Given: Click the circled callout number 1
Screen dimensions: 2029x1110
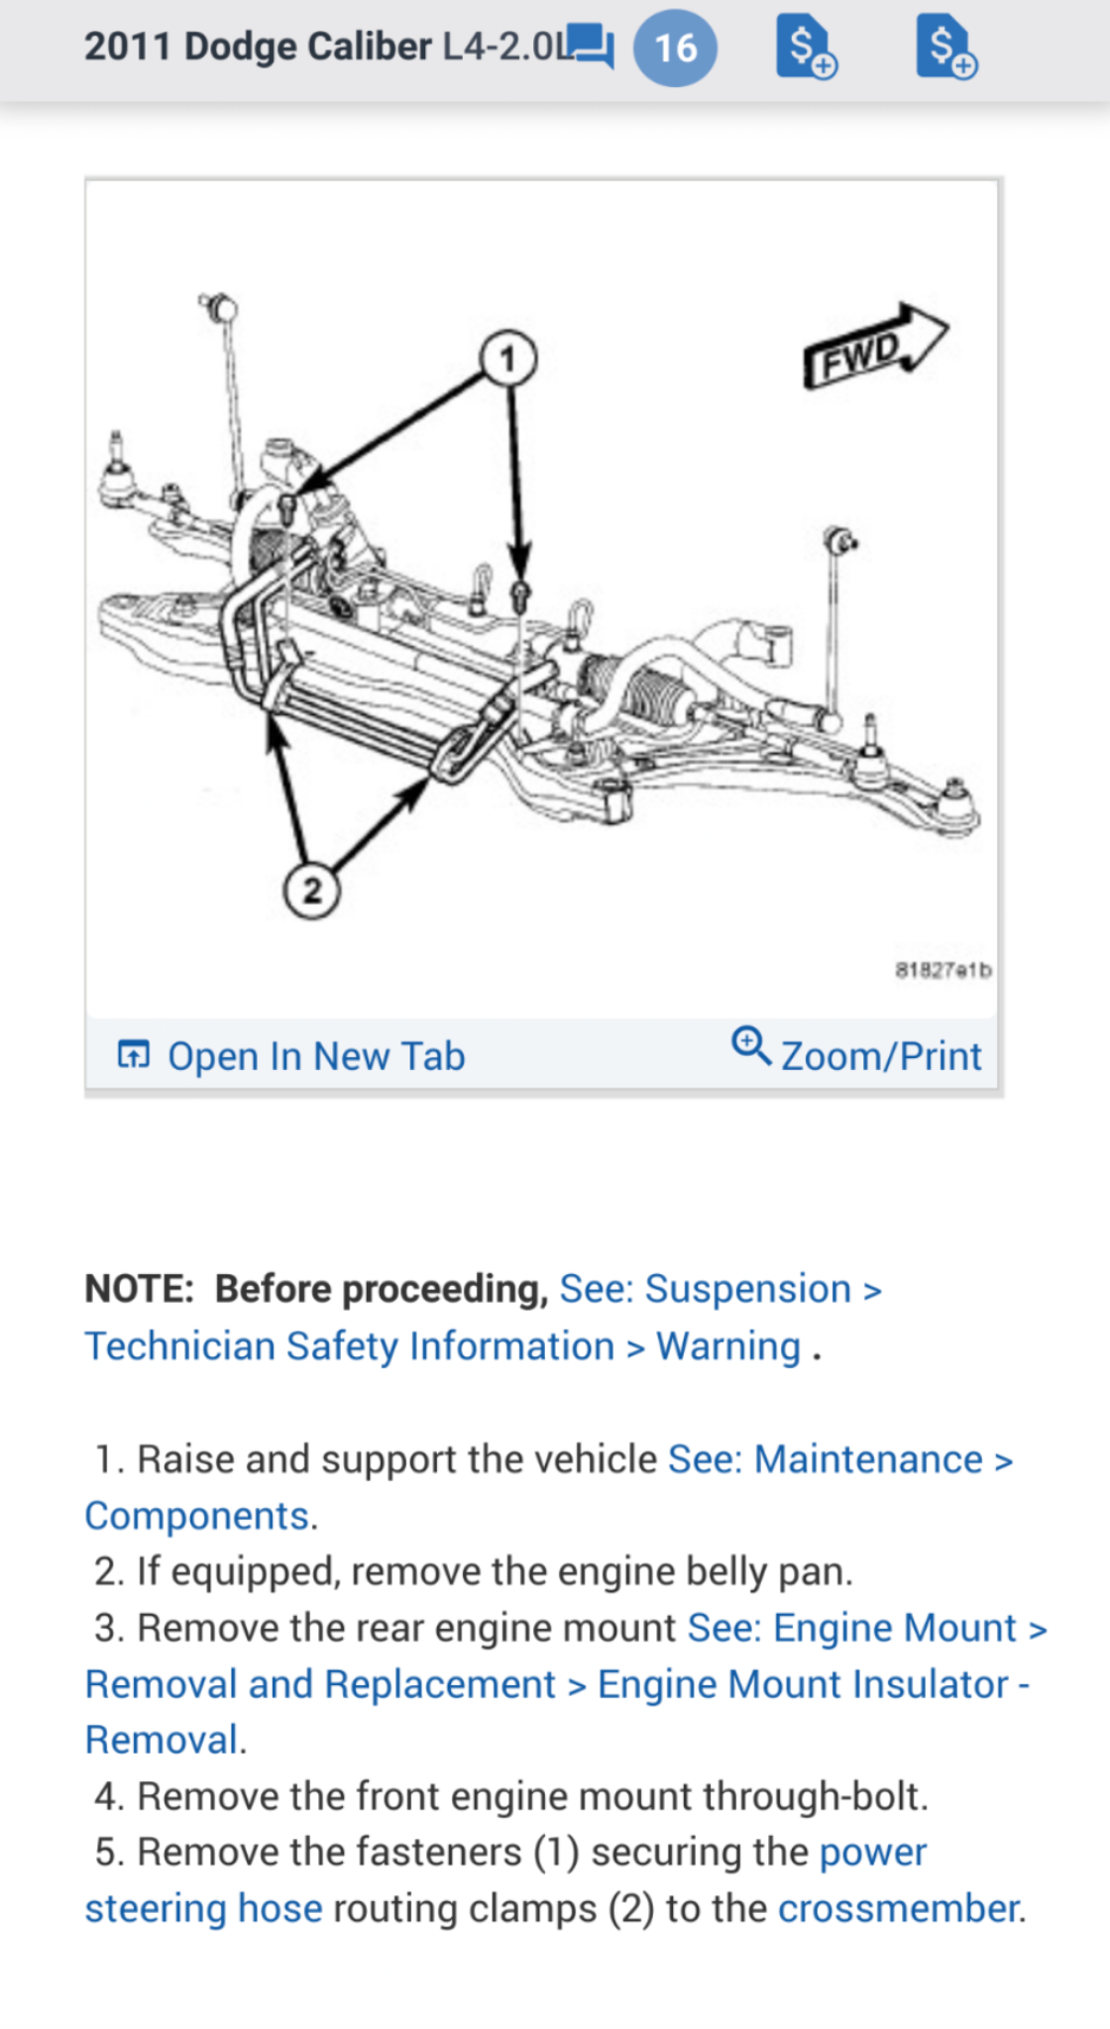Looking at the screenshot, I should tap(508, 359).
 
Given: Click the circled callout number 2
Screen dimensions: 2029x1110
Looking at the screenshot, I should tap(312, 891).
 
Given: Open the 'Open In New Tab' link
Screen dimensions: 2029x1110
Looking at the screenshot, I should tap(315, 1056).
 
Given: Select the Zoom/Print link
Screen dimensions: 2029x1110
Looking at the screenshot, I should tap(880, 1056).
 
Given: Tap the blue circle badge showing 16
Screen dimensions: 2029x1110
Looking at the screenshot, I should tap(675, 48).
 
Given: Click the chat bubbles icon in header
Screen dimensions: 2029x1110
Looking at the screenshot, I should tap(591, 46).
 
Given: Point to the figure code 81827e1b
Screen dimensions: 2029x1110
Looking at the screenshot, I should tap(943, 970).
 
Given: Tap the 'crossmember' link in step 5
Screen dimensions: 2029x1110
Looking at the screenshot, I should tap(899, 1908).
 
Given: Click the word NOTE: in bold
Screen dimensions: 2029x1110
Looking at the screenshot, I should tap(140, 1289).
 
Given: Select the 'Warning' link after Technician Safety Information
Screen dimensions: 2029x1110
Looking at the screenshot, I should tap(728, 1346).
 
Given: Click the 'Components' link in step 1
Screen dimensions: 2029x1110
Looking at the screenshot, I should tap(197, 1516).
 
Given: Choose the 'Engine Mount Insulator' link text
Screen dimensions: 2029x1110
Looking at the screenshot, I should tap(803, 1684).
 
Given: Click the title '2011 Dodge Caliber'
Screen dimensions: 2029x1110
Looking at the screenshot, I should tap(258, 47).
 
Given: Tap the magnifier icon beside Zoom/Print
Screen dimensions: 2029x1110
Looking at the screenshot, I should tap(750, 1045).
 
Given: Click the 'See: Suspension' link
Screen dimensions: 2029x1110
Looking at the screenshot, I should tap(705, 1289).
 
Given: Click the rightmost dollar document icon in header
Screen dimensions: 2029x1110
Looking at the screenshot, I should tap(944, 47).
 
